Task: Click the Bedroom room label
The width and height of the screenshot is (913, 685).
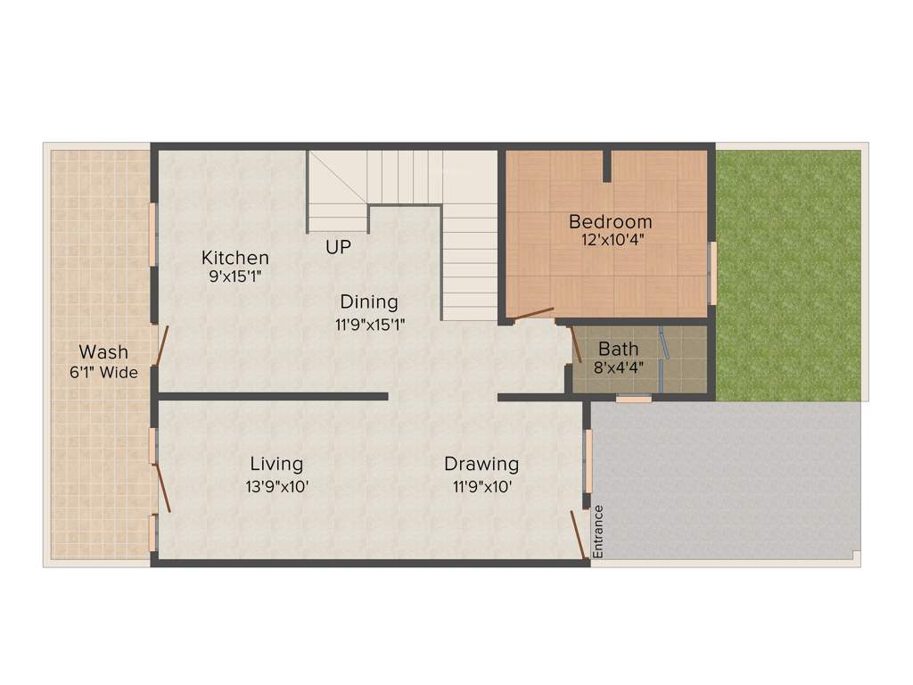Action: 611,221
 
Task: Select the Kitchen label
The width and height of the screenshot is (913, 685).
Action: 234,258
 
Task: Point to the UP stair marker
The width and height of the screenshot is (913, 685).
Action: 338,247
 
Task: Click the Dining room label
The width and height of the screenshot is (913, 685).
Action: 368,301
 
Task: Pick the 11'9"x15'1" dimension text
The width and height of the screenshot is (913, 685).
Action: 370,325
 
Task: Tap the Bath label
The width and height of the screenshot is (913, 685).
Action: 618,348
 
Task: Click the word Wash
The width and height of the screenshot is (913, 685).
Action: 103,351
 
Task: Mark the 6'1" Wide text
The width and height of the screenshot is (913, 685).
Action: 103,373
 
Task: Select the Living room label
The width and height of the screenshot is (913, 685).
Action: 276,464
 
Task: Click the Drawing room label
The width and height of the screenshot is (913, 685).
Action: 481,464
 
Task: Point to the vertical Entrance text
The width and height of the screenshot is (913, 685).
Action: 598,532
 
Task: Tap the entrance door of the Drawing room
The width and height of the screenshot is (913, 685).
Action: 579,535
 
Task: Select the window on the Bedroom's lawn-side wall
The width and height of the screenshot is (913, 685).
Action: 712,272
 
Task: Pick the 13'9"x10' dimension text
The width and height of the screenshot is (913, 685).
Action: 277,487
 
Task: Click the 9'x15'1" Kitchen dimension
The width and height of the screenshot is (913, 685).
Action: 235,277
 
